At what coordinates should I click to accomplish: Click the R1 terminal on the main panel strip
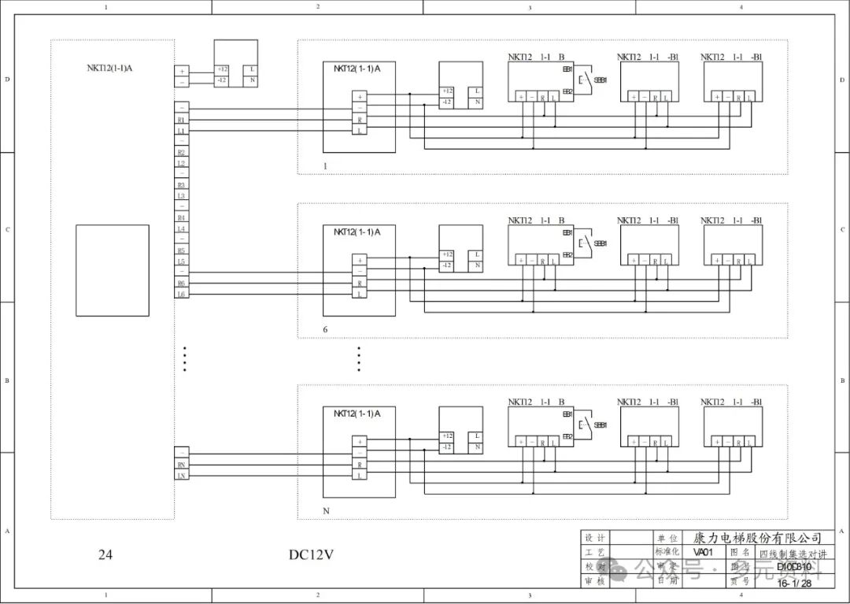click(x=182, y=120)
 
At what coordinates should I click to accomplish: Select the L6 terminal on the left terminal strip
click(x=182, y=295)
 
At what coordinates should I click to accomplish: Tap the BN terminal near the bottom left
click(x=182, y=465)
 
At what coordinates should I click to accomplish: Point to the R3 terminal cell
click(x=182, y=185)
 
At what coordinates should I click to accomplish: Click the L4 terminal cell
click(x=182, y=228)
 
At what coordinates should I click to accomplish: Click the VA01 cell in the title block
click(x=703, y=553)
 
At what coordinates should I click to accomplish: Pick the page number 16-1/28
click(x=793, y=583)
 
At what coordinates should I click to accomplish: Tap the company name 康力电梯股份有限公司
click(x=757, y=538)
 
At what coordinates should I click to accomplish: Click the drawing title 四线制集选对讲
click(x=793, y=554)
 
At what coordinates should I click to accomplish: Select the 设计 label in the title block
click(x=594, y=538)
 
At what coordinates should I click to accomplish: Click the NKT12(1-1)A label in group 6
click(x=357, y=232)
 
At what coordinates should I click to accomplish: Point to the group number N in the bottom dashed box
click(x=326, y=511)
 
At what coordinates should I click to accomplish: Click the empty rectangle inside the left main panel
click(x=112, y=270)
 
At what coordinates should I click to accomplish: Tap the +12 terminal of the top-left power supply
click(x=222, y=70)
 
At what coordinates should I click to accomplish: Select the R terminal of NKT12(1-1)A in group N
click(x=360, y=465)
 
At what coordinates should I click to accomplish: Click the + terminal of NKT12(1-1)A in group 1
click(x=360, y=97)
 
